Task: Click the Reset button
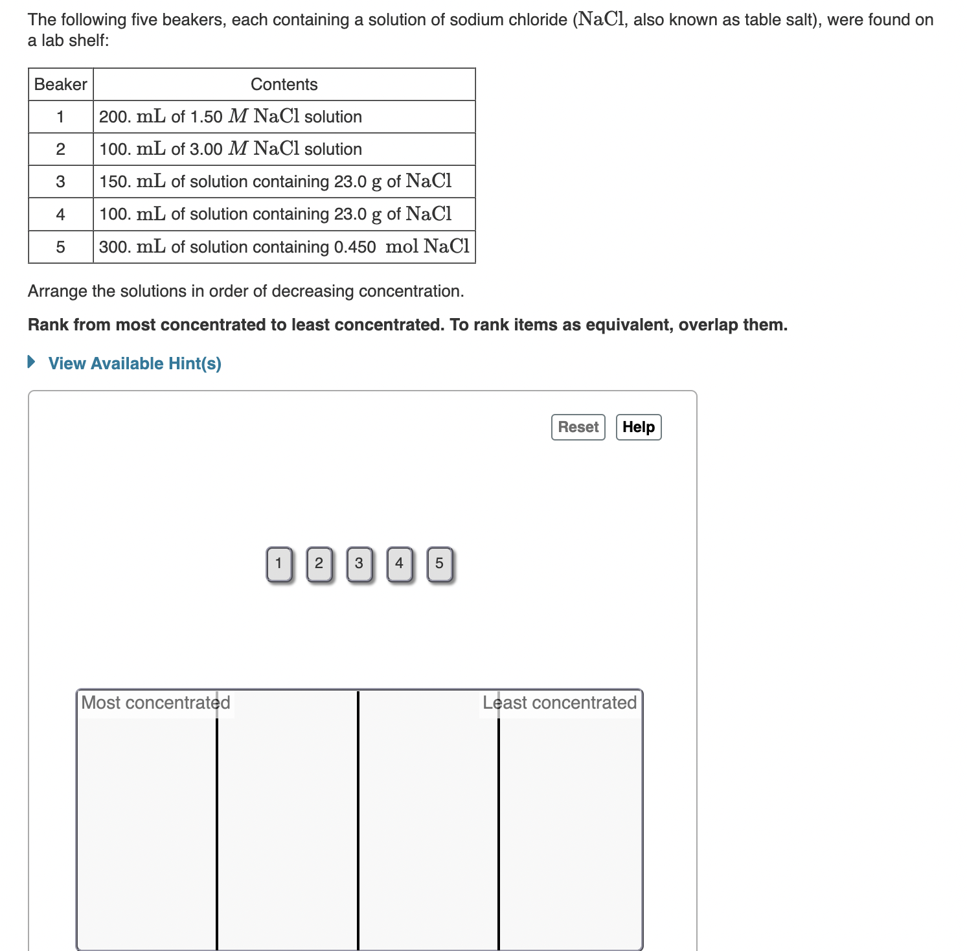578,428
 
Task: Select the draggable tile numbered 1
279,564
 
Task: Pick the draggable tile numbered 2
319,564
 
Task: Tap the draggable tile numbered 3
359,564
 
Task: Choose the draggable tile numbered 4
400,564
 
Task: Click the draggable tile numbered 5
440,564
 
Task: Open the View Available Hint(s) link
135,363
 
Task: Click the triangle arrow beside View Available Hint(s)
31,362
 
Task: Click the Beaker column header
61,85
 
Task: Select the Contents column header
284,85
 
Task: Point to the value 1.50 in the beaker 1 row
206,117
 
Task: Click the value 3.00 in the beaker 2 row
206,150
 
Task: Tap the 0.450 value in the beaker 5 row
354,247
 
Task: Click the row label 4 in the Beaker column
61,214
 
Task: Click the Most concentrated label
155,703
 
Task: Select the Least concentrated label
560,703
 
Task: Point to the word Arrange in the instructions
57,292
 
